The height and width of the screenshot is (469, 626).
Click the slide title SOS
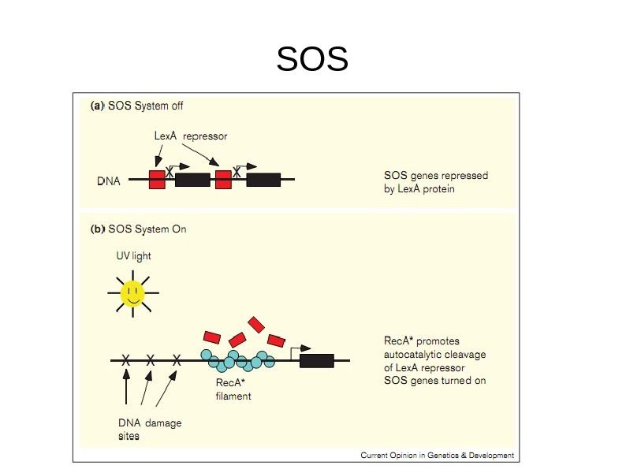click(312, 59)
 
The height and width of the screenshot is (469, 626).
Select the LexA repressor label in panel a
click(191, 136)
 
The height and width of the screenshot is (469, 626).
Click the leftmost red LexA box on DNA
click(157, 179)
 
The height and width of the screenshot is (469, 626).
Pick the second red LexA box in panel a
click(223, 179)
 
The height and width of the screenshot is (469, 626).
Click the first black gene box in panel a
click(192, 179)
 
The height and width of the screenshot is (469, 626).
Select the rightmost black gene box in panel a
click(263, 179)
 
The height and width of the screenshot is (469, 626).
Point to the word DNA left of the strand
click(109, 181)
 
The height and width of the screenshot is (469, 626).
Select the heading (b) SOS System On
click(139, 229)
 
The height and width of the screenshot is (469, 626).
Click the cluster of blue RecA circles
click(241, 359)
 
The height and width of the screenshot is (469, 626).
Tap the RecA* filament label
click(233, 389)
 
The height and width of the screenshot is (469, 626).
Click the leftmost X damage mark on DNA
click(126, 360)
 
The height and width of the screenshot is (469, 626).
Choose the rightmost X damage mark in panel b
click(177, 360)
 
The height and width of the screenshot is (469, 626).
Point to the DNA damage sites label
click(150, 429)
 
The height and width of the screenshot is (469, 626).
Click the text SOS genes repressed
click(436, 175)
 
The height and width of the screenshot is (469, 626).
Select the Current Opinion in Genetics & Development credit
click(437, 455)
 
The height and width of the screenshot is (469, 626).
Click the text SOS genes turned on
click(434, 380)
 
